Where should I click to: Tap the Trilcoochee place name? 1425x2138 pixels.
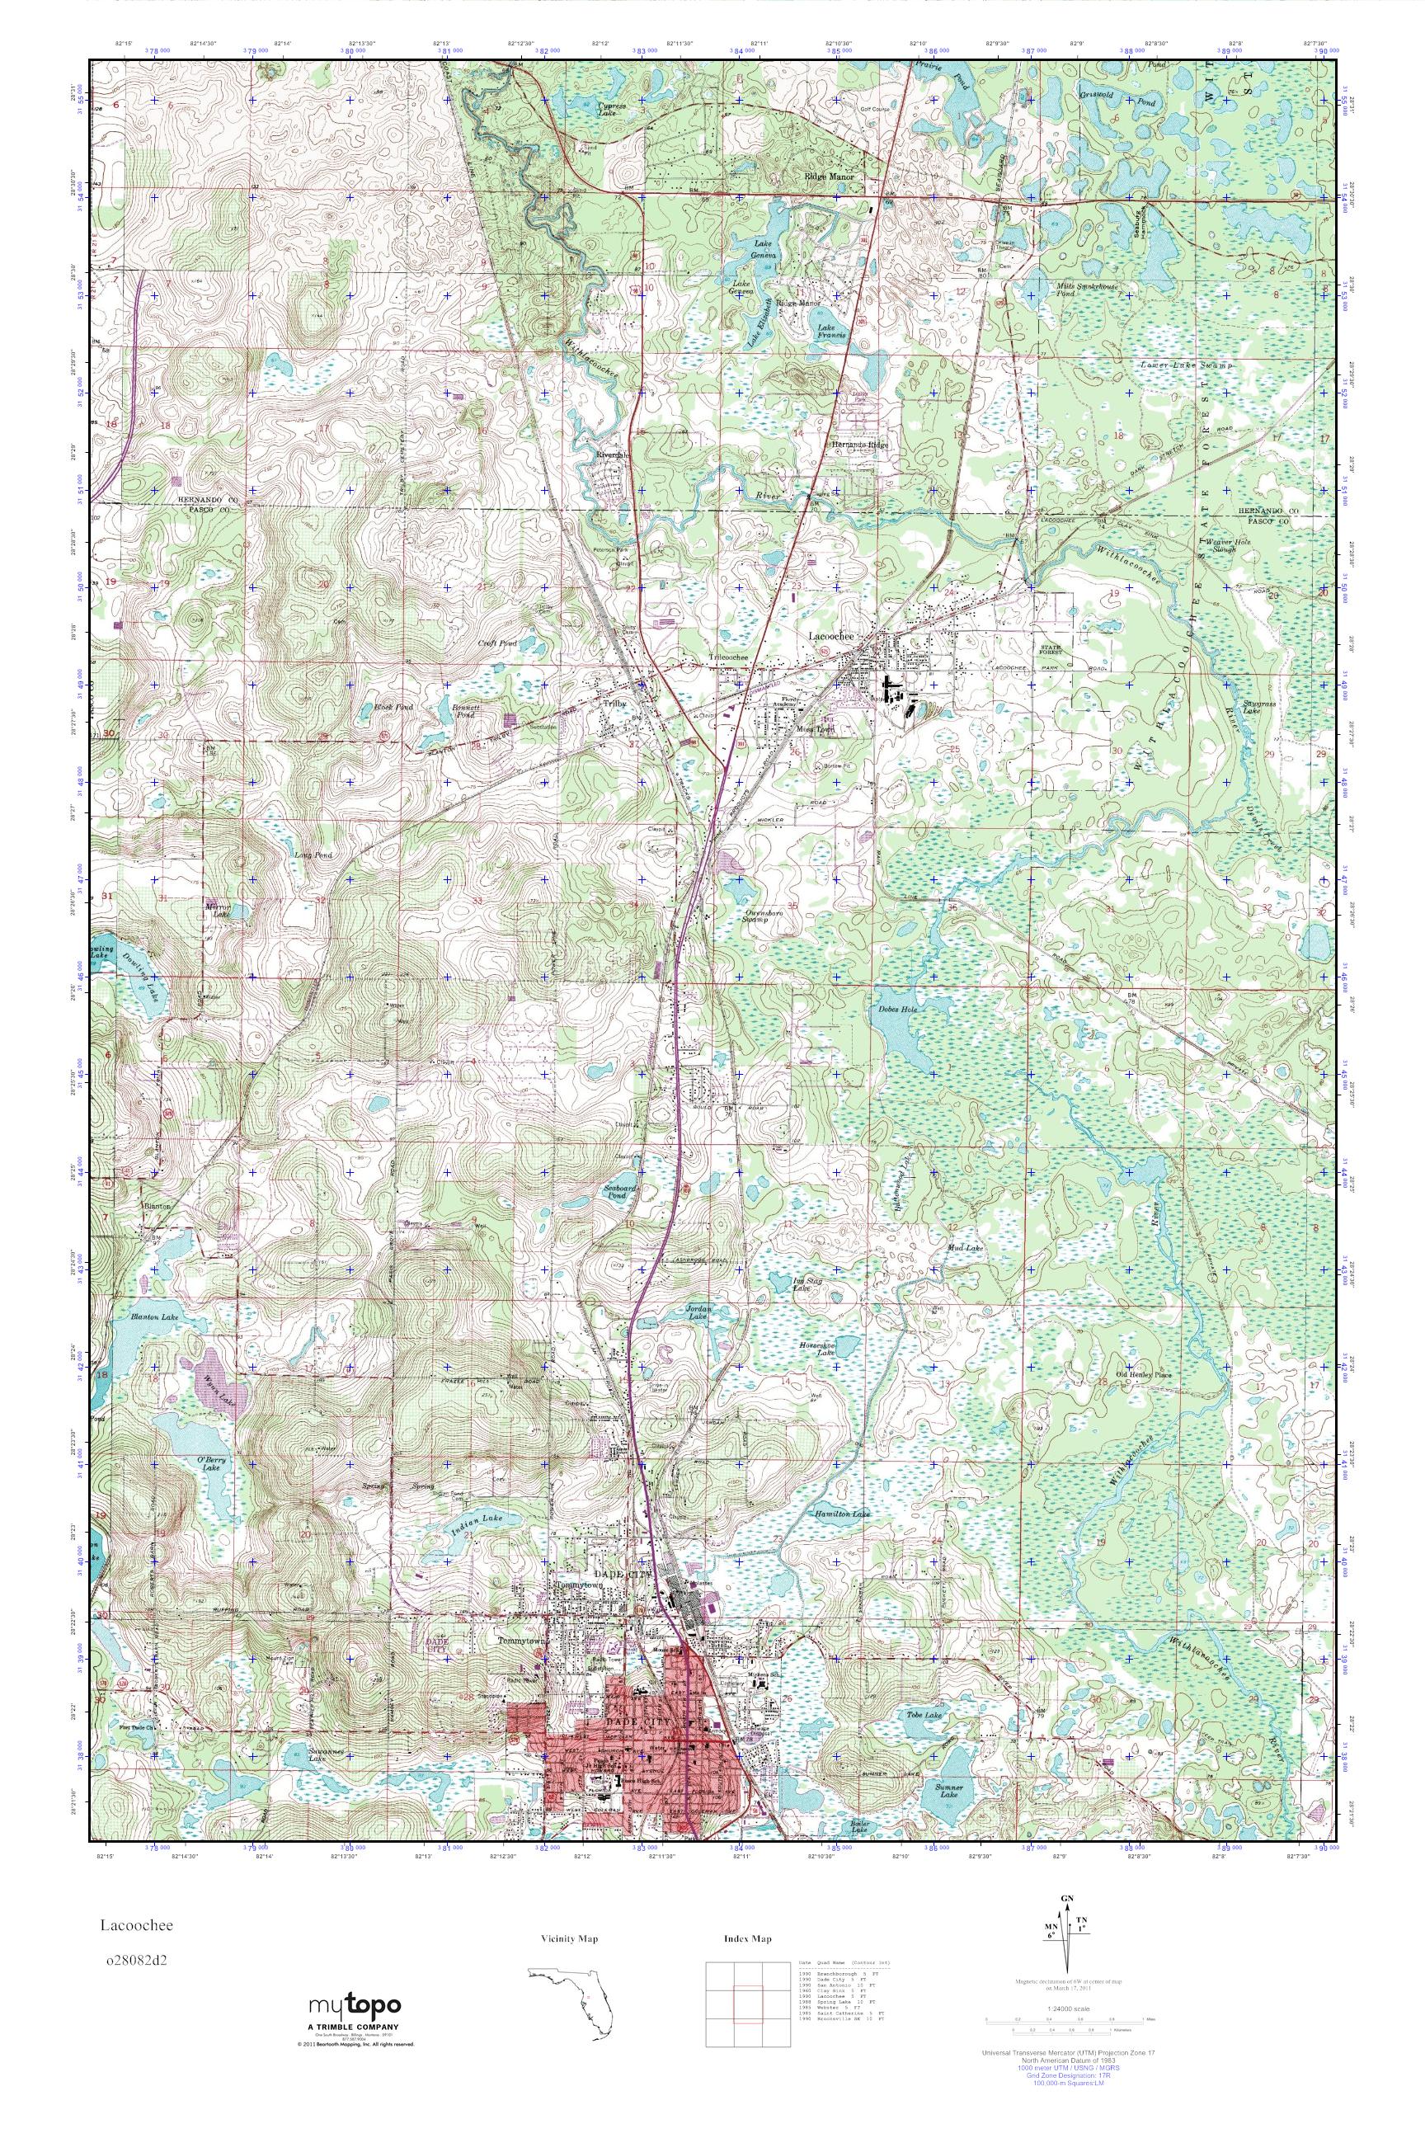[x=728, y=657]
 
